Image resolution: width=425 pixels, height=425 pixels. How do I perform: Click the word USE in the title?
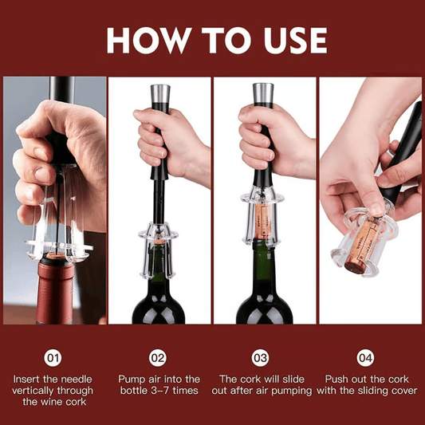[288, 40]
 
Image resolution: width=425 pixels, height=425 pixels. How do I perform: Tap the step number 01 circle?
[53, 358]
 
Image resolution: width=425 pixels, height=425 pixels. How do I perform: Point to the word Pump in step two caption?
[132, 380]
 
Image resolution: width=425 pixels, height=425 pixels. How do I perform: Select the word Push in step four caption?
[338, 380]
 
